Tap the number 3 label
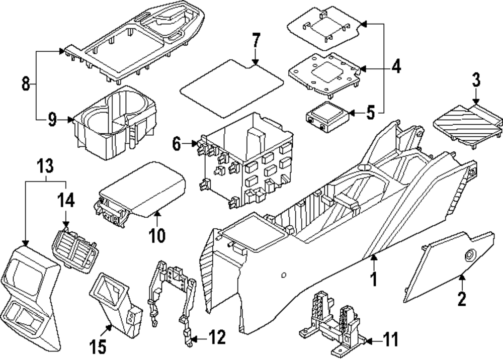coord(475,80)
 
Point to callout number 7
coord(256,40)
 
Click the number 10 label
coord(157,235)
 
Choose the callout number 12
coord(218,337)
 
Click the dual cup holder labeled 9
coord(114,123)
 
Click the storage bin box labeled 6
coord(246,161)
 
